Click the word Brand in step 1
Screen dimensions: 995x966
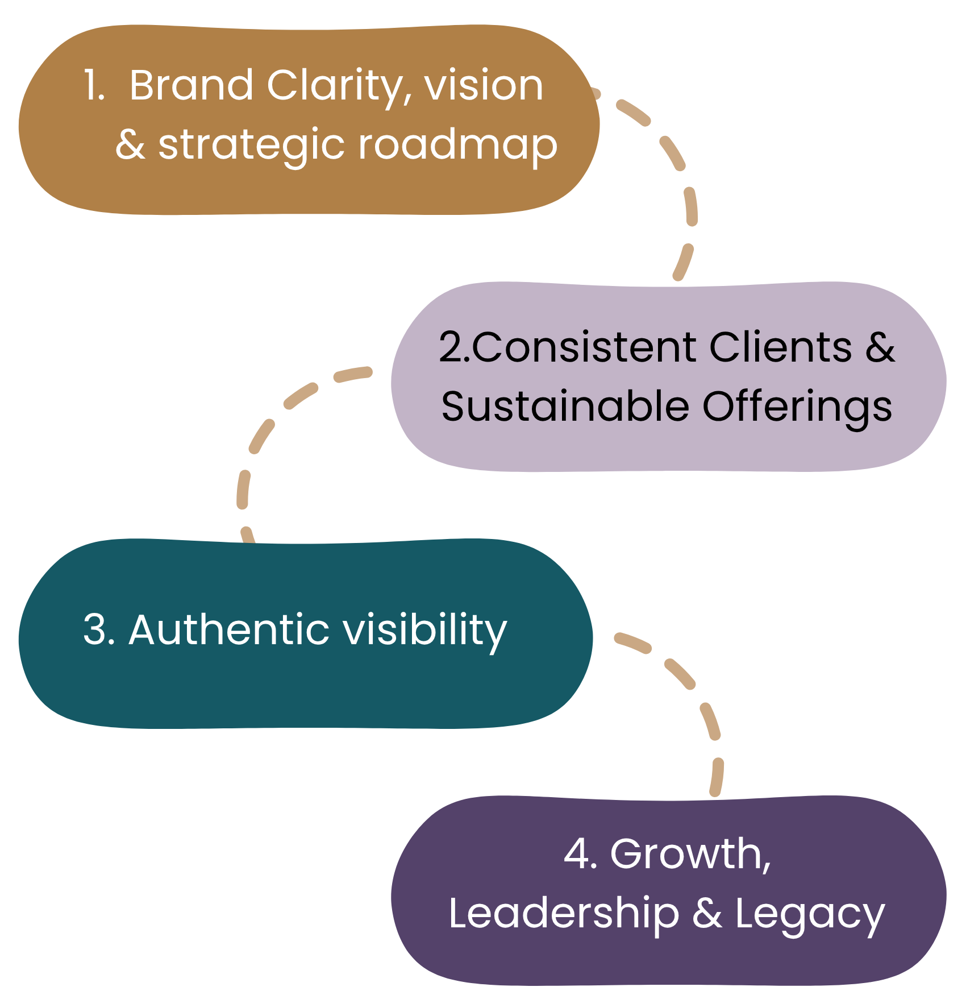point(191,85)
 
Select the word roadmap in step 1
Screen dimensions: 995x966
point(457,145)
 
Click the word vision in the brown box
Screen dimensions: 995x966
point(484,85)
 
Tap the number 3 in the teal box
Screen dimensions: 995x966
point(95,630)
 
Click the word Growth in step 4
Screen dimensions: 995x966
point(690,854)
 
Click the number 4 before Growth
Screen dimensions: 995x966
point(576,854)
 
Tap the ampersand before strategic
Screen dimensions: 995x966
point(131,145)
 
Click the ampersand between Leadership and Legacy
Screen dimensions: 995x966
point(707,913)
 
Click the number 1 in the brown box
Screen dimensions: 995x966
point(91,85)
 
